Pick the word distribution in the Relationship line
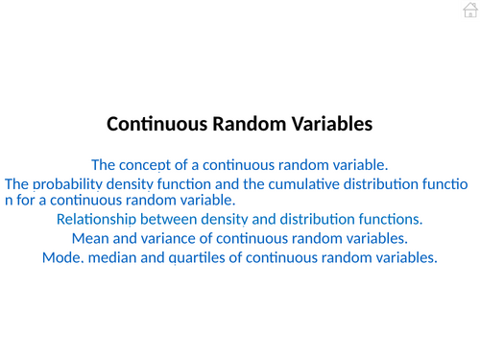324,220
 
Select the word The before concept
104,164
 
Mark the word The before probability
17,183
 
